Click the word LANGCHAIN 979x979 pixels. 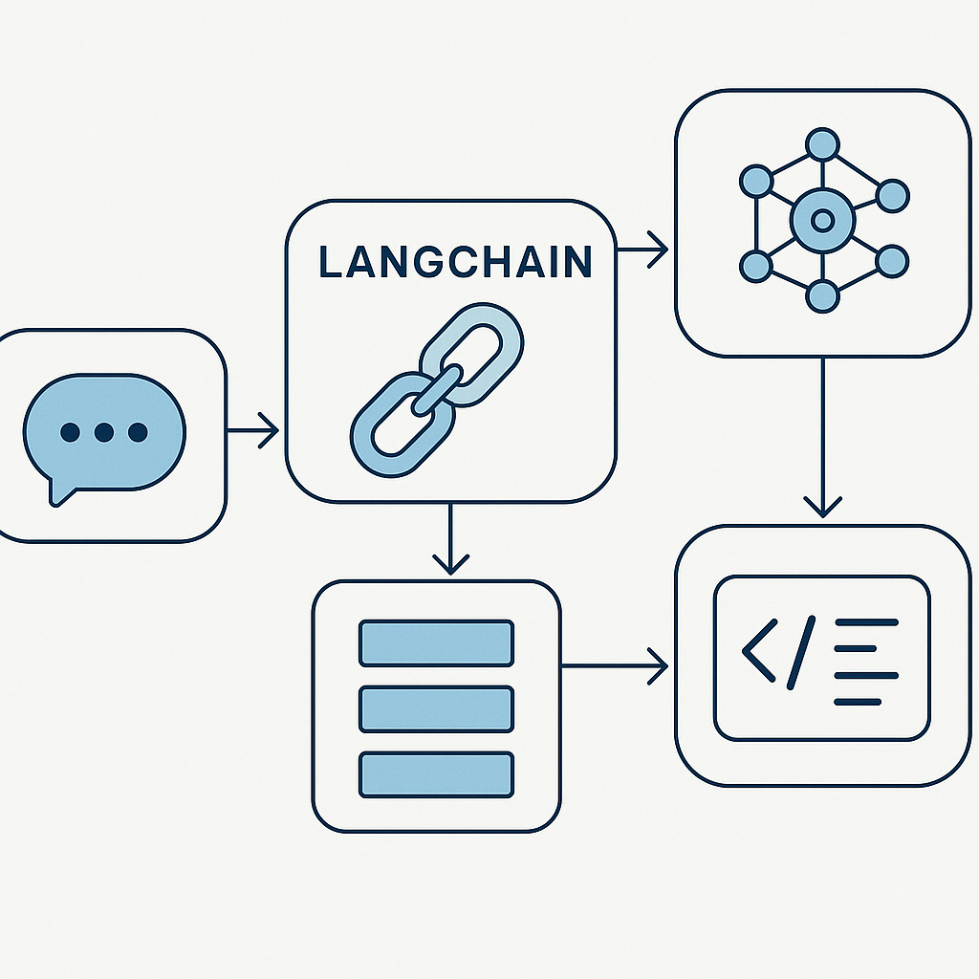tap(455, 261)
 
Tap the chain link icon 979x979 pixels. tap(437, 390)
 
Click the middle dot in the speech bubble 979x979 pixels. tap(103, 432)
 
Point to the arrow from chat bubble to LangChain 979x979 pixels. tap(252, 430)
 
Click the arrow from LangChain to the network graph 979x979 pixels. tap(642, 250)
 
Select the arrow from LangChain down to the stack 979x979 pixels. tap(450, 538)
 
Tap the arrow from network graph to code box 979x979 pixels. tap(823, 437)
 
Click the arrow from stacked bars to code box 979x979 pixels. tap(615, 665)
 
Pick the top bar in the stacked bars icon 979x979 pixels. tap(436, 643)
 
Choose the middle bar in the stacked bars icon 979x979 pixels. tap(436, 708)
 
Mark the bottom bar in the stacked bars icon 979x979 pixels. tap(436, 774)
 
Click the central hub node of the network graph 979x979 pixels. tap(822, 220)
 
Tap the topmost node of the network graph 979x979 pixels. tap(822, 144)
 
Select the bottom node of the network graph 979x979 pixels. tap(822, 296)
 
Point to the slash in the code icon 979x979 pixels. tap(801, 652)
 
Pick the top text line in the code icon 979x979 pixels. tap(866, 622)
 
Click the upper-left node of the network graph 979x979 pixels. tap(756, 182)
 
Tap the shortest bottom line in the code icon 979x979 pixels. tap(858, 703)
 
